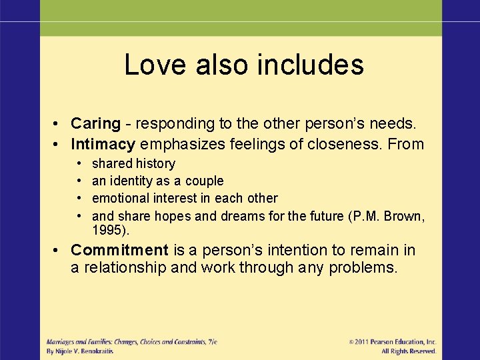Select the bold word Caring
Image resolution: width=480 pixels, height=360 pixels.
click(x=95, y=123)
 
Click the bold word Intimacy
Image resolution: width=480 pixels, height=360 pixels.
click(x=103, y=143)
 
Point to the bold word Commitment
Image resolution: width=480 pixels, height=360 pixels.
click(x=119, y=250)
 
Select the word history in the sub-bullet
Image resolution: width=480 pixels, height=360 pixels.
click(x=155, y=163)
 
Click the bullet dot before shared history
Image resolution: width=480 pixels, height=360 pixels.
click(x=79, y=163)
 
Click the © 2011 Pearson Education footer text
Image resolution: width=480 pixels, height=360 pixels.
click(x=393, y=341)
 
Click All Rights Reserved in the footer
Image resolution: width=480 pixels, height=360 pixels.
click(x=409, y=351)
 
